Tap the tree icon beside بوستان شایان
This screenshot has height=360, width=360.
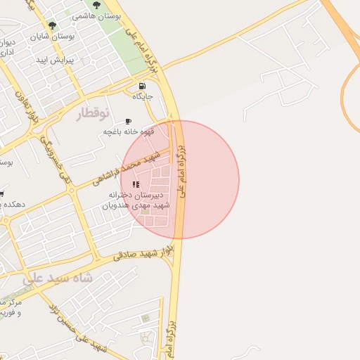(53, 26)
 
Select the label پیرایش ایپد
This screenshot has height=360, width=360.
(59, 60)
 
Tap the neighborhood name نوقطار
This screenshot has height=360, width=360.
(95, 112)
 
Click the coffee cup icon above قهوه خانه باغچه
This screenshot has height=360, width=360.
(128, 121)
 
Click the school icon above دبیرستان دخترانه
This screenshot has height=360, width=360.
(136, 184)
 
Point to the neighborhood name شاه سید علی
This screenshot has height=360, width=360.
(58, 277)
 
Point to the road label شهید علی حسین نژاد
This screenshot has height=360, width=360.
(77, 328)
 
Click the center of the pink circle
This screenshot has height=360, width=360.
(180, 179)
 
